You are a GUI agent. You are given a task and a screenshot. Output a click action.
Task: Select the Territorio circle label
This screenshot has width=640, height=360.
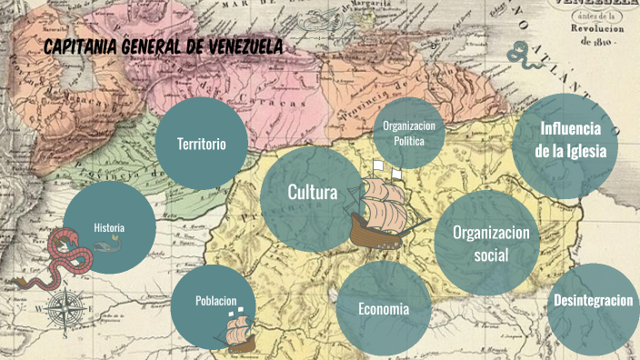tap(201, 145)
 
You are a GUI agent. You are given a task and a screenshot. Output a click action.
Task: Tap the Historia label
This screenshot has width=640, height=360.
tap(109, 227)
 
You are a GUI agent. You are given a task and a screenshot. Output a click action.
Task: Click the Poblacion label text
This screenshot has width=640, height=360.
tap(215, 301)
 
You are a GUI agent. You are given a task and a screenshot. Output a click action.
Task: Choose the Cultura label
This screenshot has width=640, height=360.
tap(312, 193)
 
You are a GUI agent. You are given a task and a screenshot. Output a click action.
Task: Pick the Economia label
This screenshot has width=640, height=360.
tap(383, 309)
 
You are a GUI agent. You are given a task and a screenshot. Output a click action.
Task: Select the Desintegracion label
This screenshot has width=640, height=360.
tap(593, 301)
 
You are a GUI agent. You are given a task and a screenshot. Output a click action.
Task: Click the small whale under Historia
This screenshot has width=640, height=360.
tap(110, 243)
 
